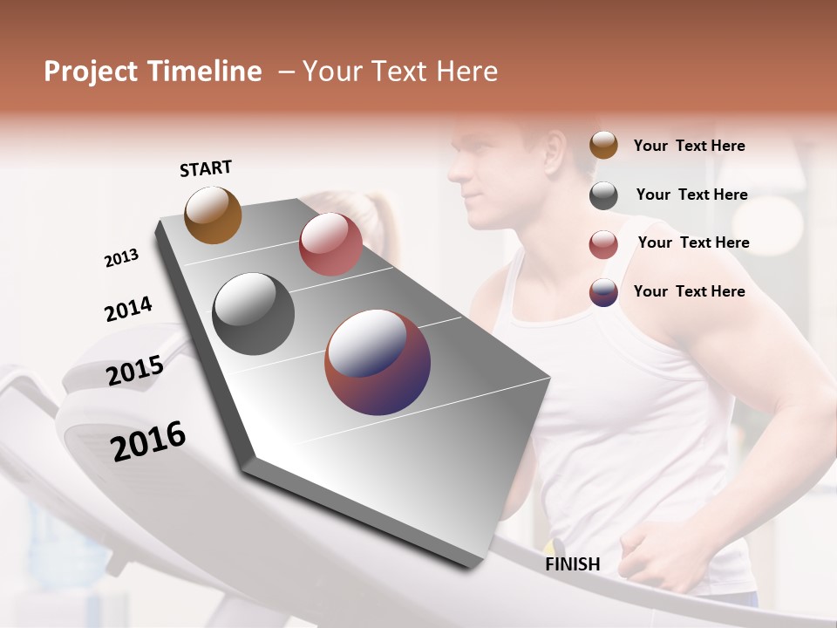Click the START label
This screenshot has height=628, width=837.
(x=206, y=168)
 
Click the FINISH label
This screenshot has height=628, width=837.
(x=572, y=564)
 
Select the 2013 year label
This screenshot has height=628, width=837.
(x=121, y=258)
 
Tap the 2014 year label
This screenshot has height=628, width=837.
(x=128, y=309)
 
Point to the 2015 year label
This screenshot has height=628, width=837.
(x=134, y=370)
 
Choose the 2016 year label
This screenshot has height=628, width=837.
(x=148, y=440)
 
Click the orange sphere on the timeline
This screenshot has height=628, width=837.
(x=213, y=215)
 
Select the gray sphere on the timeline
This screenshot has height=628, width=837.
(x=253, y=313)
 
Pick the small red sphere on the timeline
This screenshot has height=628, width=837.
(x=330, y=244)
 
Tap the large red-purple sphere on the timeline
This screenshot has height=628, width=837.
(x=378, y=361)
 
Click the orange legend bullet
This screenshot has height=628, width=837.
(x=603, y=146)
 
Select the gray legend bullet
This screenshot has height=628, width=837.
(x=603, y=195)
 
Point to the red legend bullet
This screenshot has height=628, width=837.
(x=603, y=244)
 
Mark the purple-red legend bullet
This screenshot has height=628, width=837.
(x=603, y=292)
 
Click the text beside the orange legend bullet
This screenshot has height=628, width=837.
(x=689, y=146)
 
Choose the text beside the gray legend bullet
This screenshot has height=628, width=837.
(x=691, y=195)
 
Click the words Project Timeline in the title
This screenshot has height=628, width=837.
(x=153, y=72)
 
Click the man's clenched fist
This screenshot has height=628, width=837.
(x=643, y=549)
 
